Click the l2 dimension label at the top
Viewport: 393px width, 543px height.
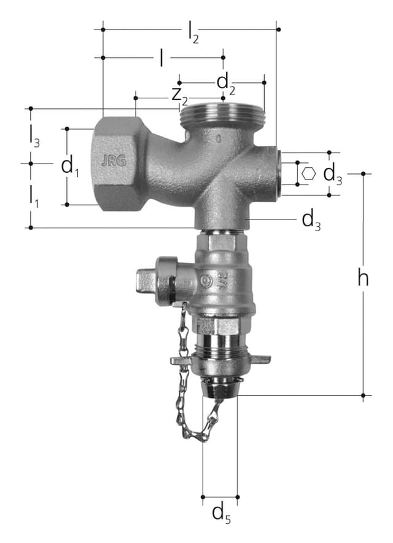coord(193,32)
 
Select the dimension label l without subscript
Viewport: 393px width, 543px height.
coord(161,57)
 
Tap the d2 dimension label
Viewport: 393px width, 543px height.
coord(226,84)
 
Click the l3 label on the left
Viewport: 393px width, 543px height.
coord(34,136)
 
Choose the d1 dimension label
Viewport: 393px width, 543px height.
coord(70,166)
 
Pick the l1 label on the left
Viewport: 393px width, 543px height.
coord(34,196)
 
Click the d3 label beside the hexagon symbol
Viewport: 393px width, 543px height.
coord(333,175)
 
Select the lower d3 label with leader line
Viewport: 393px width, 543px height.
coord(311,220)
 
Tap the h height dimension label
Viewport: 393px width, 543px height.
coord(363,278)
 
